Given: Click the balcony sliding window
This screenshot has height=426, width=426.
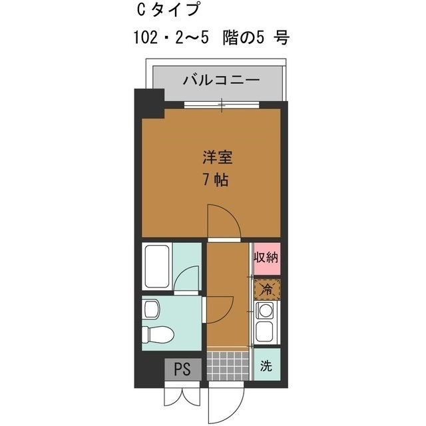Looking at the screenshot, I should click(x=222, y=103).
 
